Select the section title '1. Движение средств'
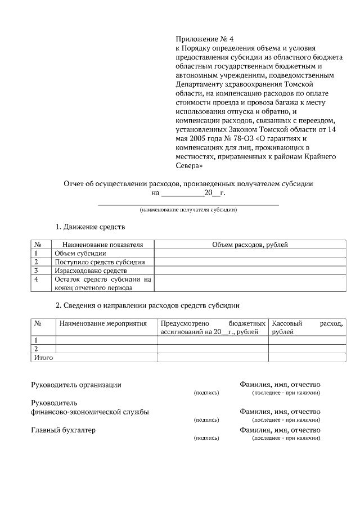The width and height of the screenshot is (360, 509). click(90, 227)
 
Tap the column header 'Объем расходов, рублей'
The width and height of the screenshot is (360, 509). click(250, 245)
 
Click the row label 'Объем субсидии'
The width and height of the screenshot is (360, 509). click(80, 253)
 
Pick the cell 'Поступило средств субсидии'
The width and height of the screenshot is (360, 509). click(100, 262)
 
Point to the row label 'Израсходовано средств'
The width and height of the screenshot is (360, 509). click(91, 271)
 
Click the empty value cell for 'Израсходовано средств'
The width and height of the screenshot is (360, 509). click(250, 271)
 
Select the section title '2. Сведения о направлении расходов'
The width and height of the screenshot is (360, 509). click(147, 306)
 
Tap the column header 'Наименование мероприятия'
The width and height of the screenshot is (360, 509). click(103, 324)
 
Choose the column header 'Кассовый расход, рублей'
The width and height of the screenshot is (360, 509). click(307, 328)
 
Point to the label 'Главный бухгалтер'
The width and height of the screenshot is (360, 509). click(62, 430)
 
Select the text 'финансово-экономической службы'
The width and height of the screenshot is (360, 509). click(89, 412)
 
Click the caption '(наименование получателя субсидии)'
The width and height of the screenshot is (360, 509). click(188, 210)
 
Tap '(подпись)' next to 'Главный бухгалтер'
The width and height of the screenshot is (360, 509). click(205, 438)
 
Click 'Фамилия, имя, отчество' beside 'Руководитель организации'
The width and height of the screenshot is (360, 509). click(280, 385)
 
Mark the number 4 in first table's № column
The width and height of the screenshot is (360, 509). click(37, 279)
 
